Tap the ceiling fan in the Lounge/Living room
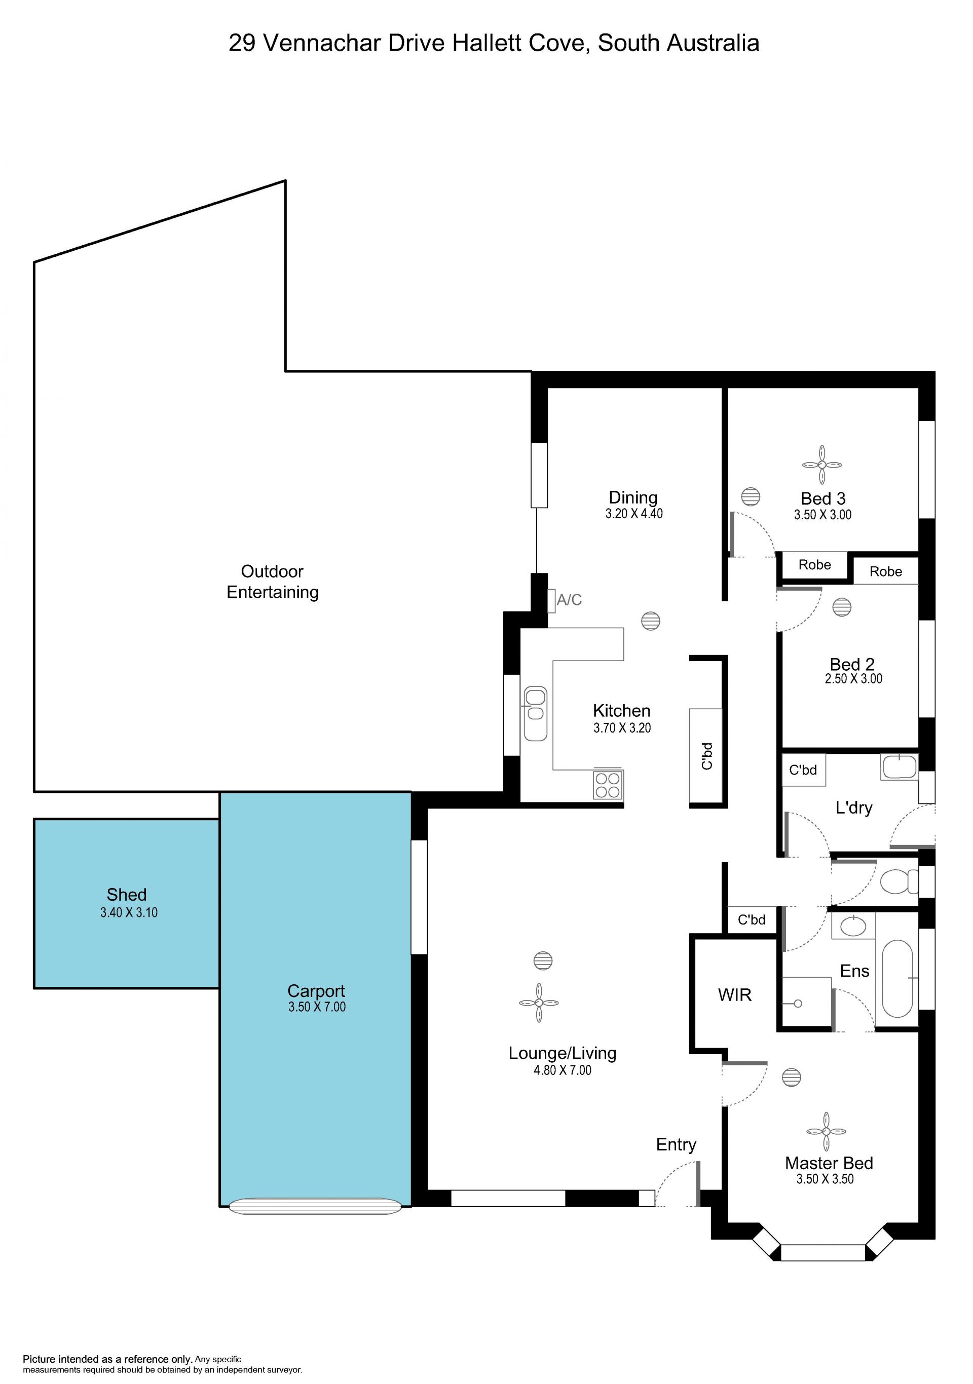click(x=539, y=1003)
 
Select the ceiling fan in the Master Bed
click(x=826, y=1131)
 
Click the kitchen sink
click(x=535, y=713)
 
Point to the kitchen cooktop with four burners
click(x=608, y=785)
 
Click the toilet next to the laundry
click(x=898, y=882)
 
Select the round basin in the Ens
click(x=853, y=926)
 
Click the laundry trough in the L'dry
click(x=900, y=767)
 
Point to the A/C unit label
click(x=569, y=600)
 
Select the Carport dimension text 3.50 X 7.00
click(x=317, y=1007)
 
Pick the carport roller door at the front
click(x=315, y=1206)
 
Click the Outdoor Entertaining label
click(x=273, y=582)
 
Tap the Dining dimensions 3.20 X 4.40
click(x=634, y=514)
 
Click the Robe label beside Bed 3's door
click(x=814, y=565)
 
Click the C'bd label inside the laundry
click(x=803, y=770)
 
